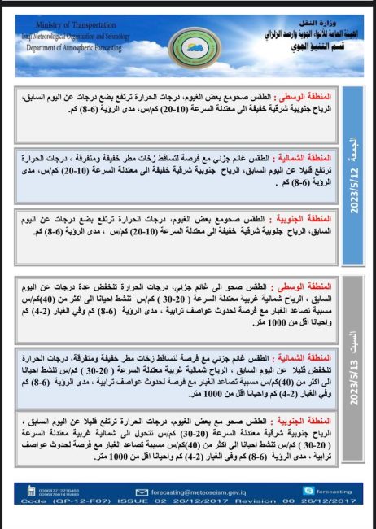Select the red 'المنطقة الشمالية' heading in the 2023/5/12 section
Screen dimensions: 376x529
coord(306,156)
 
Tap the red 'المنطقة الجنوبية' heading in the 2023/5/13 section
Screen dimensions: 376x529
coord(306,422)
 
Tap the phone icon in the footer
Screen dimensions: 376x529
coord(32,491)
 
